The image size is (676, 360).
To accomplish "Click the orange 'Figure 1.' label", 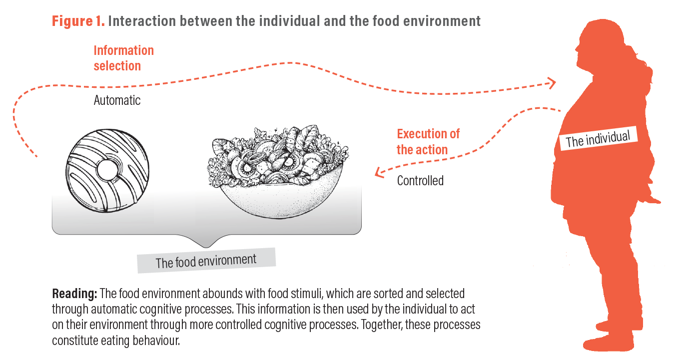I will (78, 21).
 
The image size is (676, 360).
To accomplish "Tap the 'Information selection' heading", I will (123, 58).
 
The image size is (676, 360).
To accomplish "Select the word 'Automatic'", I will (117, 100).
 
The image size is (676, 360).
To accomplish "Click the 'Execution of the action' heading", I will (428, 142).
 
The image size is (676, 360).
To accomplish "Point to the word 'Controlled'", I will (420, 181).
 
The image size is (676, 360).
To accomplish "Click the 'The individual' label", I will (598, 137).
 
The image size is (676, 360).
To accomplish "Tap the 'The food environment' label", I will (206, 261).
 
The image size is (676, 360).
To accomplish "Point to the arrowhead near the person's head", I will (551, 83).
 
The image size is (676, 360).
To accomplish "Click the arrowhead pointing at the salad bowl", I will (379, 173).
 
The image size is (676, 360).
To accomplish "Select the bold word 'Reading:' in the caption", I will (74, 293).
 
